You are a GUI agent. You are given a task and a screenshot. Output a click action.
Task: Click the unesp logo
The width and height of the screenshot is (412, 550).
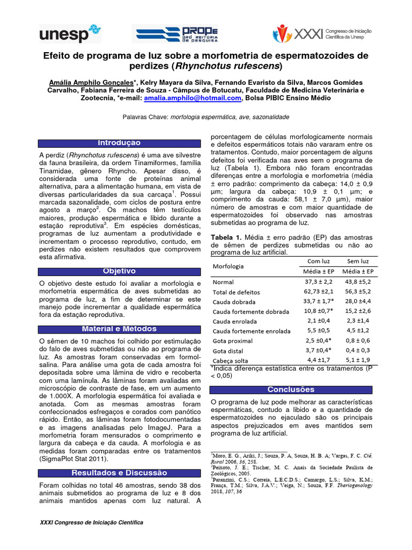70,33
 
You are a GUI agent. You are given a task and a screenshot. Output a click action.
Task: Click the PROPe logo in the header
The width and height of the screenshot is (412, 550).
175,33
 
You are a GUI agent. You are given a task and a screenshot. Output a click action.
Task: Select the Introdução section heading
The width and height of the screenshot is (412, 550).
119,143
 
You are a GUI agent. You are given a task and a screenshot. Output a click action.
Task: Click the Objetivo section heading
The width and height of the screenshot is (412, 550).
119,271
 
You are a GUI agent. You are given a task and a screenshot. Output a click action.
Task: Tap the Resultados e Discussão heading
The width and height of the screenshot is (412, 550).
119,473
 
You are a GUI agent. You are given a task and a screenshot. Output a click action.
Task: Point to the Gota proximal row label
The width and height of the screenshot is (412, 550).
233,341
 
